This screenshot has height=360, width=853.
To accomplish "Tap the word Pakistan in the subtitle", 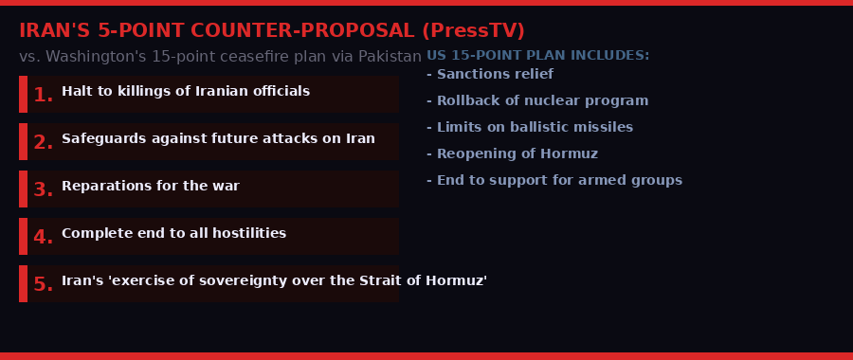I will click(x=390, y=57).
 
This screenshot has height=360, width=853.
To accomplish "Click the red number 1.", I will click(x=43, y=95).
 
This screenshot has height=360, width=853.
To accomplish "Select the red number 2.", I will click(x=43, y=142).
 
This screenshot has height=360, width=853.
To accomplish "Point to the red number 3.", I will click(x=43, y=189).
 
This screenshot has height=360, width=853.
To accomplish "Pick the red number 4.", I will click(x=43, y=237).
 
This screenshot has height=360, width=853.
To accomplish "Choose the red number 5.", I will click(x=43, y=284).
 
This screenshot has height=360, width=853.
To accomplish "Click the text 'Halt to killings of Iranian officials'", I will click(x=186, y=92).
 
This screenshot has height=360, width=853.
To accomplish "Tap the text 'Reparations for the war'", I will click(x=151, y=187).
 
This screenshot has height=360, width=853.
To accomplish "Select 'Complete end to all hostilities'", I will click(x=173, y=234).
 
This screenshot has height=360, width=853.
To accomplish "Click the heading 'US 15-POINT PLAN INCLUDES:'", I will click(x=538, y=56).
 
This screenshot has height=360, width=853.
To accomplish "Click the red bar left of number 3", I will click(x=23, y=189).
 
